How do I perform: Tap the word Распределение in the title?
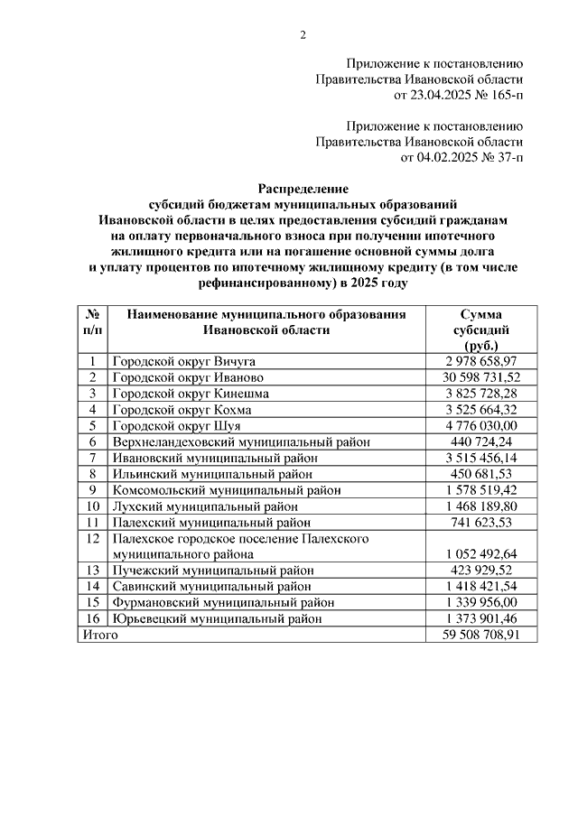(303, 189)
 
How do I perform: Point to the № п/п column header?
(92, 321)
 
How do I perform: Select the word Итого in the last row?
(100, 635)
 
